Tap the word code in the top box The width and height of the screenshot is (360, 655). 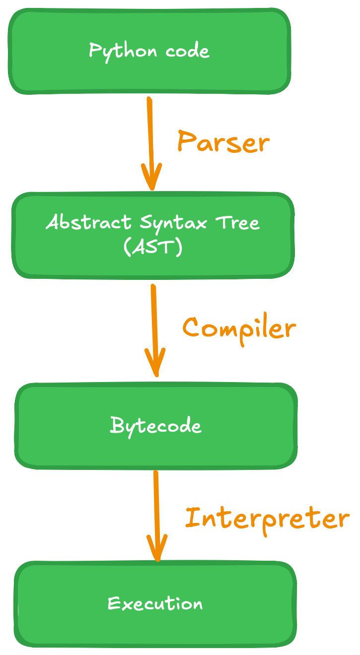pyautogui.click(x=188, y=51)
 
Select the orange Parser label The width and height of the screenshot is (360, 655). pyautogui.click(x=223, y=142)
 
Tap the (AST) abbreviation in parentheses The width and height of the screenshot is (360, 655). pyautogui.click(x=153, y=247)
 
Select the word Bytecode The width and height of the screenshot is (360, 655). pyautogui.click(x=156, y=426)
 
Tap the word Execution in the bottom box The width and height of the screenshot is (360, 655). pyautogui.click(x=155, y=604)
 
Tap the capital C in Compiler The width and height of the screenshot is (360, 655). pyautogui.click(x=193, y=328)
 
